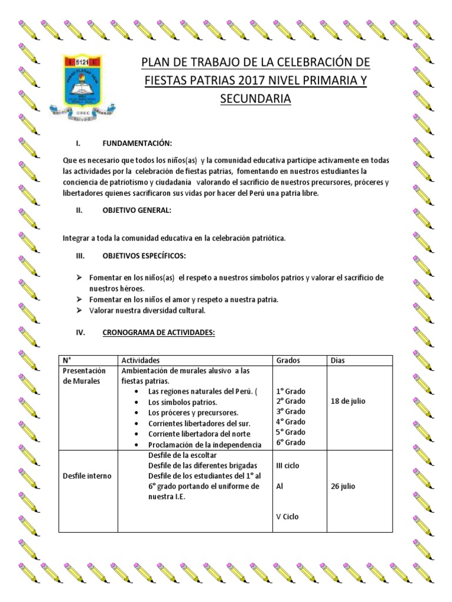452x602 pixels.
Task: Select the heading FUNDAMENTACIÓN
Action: click(x=137, y=143)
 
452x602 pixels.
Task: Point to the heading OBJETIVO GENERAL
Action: click(x=137, y=210)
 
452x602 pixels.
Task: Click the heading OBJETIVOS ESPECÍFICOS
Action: click(x=145, y=256)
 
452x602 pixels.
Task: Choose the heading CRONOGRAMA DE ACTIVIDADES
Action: click(x=159, y=332)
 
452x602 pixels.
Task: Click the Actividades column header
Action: click(x=140, y=360)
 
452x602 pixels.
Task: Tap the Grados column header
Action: click(x=288, y=360)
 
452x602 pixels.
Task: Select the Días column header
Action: click(x=338, y=360)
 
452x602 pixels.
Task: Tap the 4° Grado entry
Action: click(x=291, y=422)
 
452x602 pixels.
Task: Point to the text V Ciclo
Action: click(x=287, y=517)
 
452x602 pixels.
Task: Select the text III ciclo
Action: click(x=288, y=466)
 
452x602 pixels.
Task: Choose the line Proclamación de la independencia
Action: click(x=205, y=444)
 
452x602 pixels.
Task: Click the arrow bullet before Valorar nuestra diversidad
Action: click(x=79, y=310)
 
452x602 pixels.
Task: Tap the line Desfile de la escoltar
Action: click(x=183, y=456)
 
